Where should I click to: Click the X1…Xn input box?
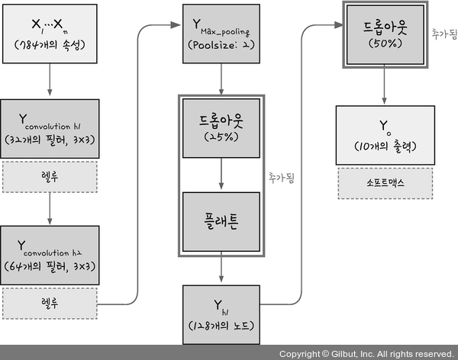[x=50, y=33]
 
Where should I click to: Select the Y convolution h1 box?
[x=50, y=128]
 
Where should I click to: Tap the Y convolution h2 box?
[x=50, y=255]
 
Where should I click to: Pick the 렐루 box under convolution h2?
[x=50, y=303]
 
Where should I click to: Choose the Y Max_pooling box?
[x=221, y=33]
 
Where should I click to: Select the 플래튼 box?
[x=221, y=221]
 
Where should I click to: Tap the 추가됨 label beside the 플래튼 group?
[x=280, y=177]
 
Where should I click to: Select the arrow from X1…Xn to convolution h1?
[x=50, y=79]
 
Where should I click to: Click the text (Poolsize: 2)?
[x=221, y=45]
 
